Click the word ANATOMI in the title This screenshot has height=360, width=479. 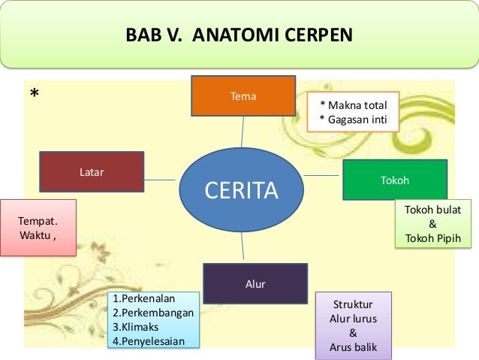coord(233,35)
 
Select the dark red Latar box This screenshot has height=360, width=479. coord(92,172)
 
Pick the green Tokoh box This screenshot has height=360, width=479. coord(395,180)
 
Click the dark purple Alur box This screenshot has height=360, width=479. coord(255,283)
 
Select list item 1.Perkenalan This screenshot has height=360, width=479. coord(146,298)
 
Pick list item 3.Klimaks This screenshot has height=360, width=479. coord(138,327)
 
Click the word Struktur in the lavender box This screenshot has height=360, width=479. coord(353,304)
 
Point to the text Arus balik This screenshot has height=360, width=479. coord(353,346)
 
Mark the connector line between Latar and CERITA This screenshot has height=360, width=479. coord(161,179)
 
